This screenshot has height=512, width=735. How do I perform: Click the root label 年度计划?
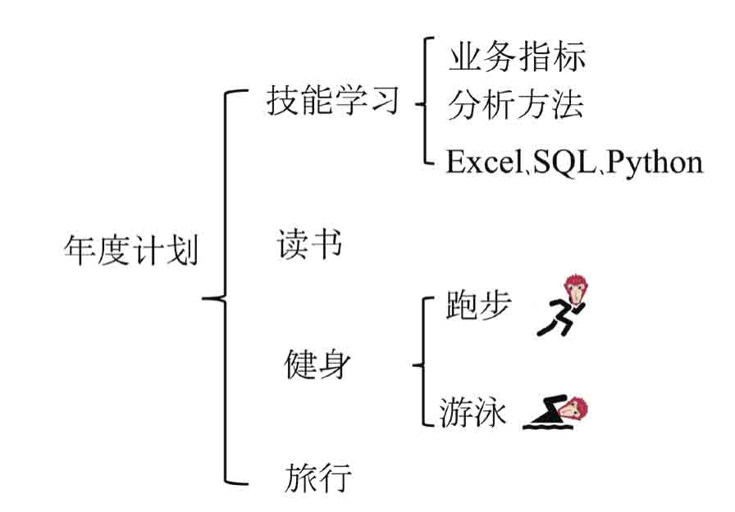point(131,250)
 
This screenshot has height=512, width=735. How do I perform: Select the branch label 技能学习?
point(333,100)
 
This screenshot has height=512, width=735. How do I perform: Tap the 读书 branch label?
point(309,243)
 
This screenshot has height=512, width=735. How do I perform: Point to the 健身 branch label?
point(317,364)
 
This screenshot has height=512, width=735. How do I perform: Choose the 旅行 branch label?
point(317,478)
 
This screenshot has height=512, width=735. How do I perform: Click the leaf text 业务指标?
point(517,57)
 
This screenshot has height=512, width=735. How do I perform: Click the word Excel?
point(485,162)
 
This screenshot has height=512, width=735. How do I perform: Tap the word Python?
point(655,163)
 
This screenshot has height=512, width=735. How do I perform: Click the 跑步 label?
point(477,305)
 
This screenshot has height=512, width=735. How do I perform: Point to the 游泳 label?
point(472,412)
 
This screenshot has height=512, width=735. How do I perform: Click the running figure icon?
point(563,305)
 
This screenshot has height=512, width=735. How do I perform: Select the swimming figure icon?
point(555,413)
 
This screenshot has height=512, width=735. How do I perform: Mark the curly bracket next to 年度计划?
point(225,287)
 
